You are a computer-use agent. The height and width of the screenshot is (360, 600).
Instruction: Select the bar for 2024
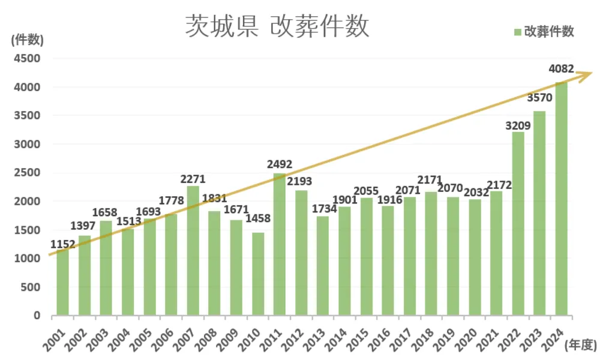[562, 198]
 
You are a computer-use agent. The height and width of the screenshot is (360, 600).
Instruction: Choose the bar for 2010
[258, 274]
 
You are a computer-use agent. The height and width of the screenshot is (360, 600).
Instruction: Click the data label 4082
[562, 69]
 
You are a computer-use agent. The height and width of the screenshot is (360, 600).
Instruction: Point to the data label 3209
[518, 125]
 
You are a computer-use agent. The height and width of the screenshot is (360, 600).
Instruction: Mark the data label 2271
[193, 179]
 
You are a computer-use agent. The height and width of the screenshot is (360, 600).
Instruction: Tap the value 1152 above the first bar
[63, 244]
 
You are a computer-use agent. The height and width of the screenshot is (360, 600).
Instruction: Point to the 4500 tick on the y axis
[28, 58]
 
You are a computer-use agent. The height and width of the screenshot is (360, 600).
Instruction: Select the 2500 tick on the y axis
[28, 173]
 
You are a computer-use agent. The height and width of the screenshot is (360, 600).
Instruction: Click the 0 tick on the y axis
[37, 316]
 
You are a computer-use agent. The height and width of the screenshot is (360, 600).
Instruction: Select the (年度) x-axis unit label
[581, 344]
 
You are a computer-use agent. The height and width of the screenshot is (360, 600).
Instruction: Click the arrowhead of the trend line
[587, 74]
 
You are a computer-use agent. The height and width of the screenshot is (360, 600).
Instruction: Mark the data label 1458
[258, 218]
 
